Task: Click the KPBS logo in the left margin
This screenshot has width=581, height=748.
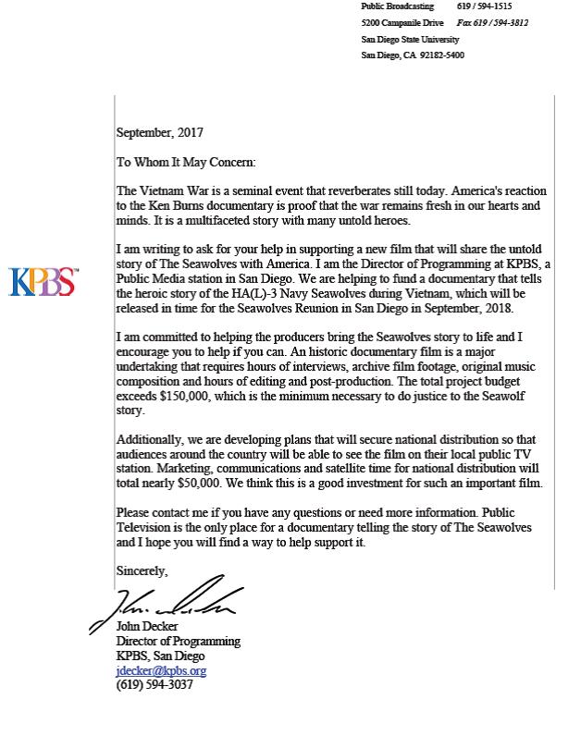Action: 43,281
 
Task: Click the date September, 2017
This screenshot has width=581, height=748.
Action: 160,133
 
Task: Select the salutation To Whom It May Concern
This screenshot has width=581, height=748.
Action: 185,162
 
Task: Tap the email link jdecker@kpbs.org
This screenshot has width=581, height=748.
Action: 161,671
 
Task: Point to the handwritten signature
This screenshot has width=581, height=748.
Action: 167,605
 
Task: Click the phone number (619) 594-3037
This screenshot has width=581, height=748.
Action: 155,686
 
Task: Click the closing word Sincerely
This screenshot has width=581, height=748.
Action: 142,571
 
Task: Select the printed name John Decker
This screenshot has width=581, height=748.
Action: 147,627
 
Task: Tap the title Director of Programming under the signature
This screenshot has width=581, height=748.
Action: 178,642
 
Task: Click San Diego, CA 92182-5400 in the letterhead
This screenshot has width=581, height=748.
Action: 413,55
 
